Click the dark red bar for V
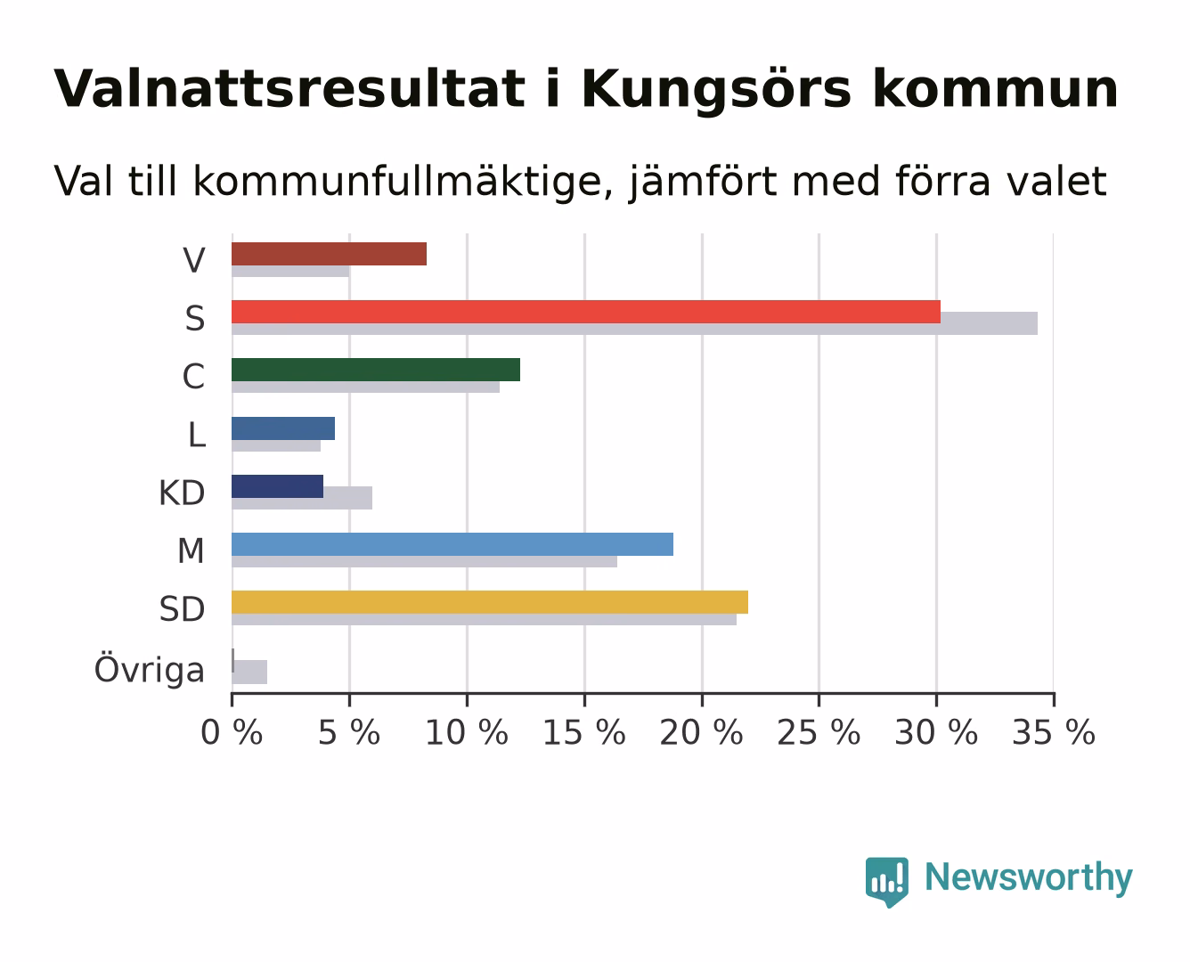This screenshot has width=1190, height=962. [329, 254]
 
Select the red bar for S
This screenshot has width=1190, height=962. [586, 312]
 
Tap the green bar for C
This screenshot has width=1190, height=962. [376, 370]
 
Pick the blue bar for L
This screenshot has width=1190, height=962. [283, 428]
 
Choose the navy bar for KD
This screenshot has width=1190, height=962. [278, 486]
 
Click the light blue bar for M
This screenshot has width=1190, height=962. [452, 544]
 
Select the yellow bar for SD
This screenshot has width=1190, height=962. [490, 602]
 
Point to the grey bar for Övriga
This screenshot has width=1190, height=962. [249, 672]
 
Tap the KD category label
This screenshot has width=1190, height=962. [182, 493]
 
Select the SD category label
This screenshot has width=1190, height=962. [182, 609]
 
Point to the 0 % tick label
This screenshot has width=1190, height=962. [232, 732]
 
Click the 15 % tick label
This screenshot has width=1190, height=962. [583, 732]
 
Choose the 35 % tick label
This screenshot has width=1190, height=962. [1054, 732]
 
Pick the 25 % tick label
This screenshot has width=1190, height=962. [819, 732]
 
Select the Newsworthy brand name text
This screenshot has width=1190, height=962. [1029, 878]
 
